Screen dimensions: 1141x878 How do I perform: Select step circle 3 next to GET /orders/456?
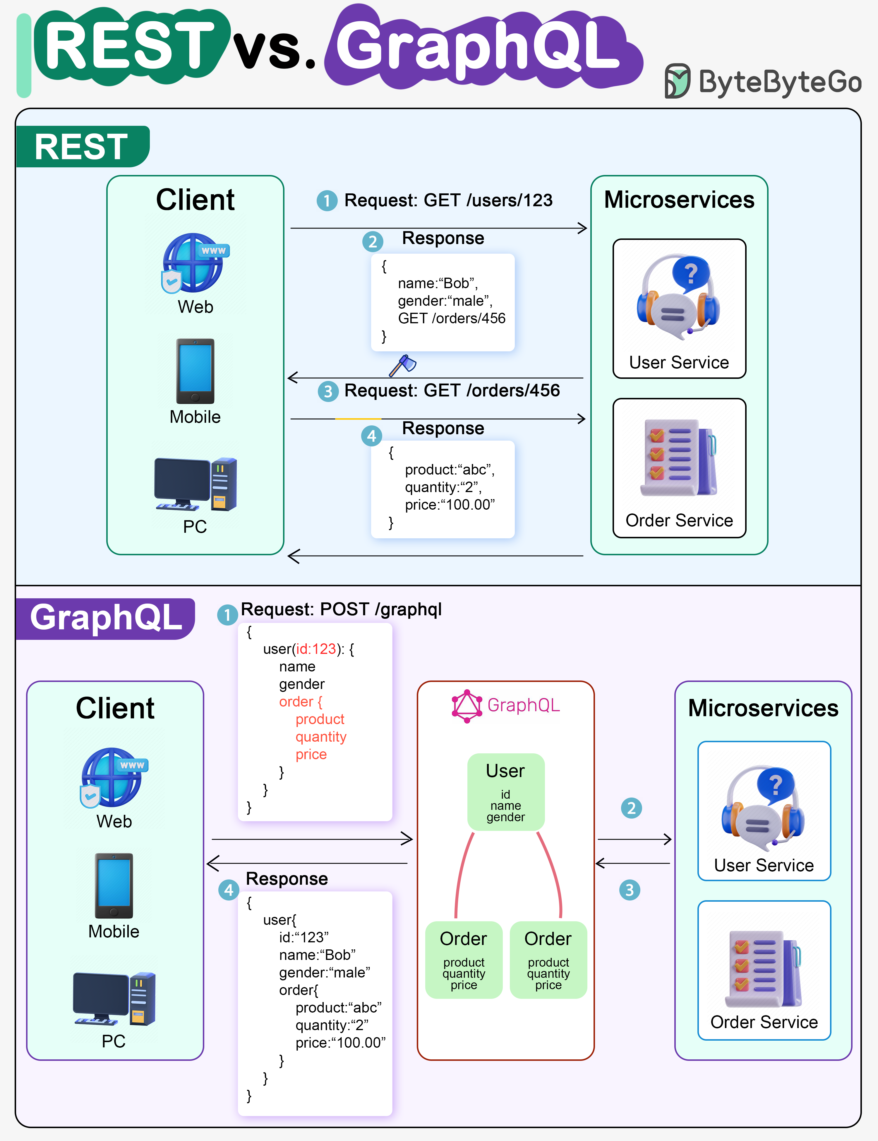tap(328, 391)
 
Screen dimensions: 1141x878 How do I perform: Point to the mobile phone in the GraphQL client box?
tap(114, 886)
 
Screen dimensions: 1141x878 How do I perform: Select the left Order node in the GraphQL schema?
tap(464, 960)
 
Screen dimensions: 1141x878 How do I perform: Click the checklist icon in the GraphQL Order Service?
tap(763, 969)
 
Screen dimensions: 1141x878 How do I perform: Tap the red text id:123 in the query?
tap(316, 649)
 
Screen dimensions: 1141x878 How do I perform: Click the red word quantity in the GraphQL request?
tap(321, 737)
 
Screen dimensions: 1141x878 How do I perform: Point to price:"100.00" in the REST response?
tap(450, 505)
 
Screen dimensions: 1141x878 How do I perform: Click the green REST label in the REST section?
tap(82, 147)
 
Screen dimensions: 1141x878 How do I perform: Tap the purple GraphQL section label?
tap(106, 618)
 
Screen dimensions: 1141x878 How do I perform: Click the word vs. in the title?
tap(275, 50)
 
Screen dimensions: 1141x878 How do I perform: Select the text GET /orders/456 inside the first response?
tap(452, 318)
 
